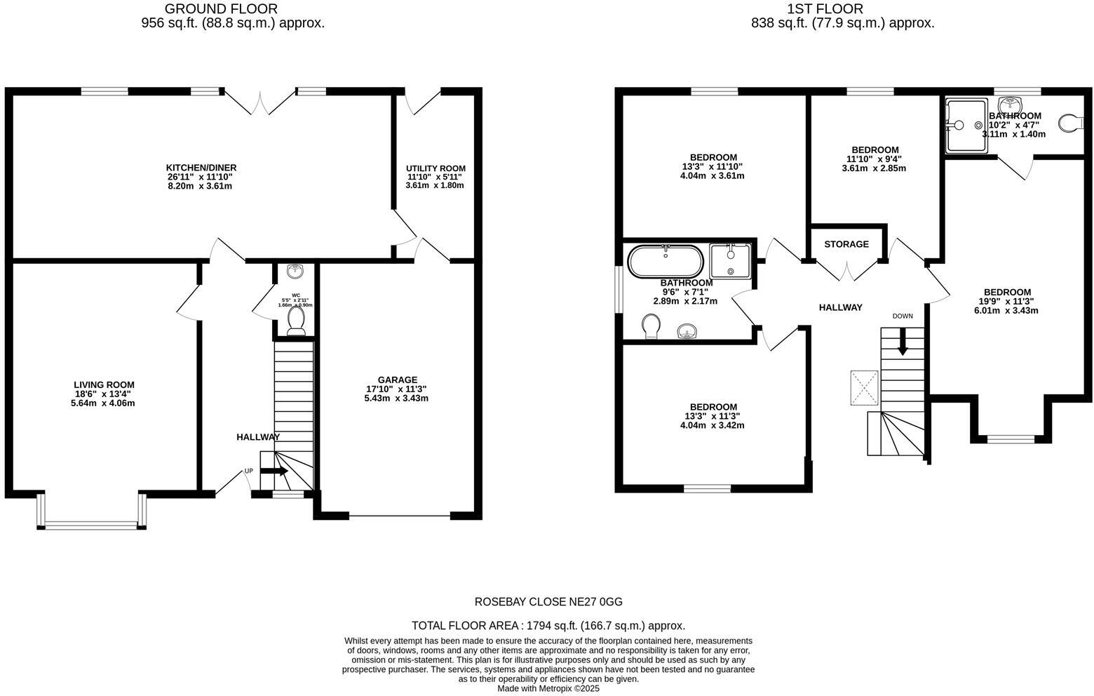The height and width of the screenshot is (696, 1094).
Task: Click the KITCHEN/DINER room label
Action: pos(201,168)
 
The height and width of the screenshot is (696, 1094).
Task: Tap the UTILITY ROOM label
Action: pos(435,168)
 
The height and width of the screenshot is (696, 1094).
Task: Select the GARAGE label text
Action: pos(397,380)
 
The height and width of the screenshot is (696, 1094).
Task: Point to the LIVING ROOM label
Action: pos(104,384)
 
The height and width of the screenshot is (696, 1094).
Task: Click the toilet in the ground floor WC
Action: pos(296,321)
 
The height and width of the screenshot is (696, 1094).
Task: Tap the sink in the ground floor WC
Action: pos(295,270)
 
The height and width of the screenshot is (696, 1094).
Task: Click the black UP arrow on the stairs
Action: pos(274,471)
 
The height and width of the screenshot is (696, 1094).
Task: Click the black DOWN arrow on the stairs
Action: pos(903,342)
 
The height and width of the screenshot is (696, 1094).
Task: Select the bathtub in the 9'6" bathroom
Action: pos(664,262)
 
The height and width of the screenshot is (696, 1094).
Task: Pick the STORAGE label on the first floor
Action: pos(846,244)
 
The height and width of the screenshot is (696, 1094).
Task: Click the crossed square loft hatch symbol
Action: pos(865,387)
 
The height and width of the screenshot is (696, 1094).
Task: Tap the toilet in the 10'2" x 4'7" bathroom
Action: pos(1070,123)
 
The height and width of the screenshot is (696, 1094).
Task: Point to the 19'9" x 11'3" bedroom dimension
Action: pos(1006,302)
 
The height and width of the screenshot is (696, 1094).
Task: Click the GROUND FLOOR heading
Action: pos(221,9)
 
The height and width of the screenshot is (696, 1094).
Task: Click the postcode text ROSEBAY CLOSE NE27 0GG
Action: pos(548,602)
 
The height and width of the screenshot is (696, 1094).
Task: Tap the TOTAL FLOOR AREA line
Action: pos(548,626)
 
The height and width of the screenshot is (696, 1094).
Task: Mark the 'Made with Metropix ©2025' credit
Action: pos(548,689)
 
